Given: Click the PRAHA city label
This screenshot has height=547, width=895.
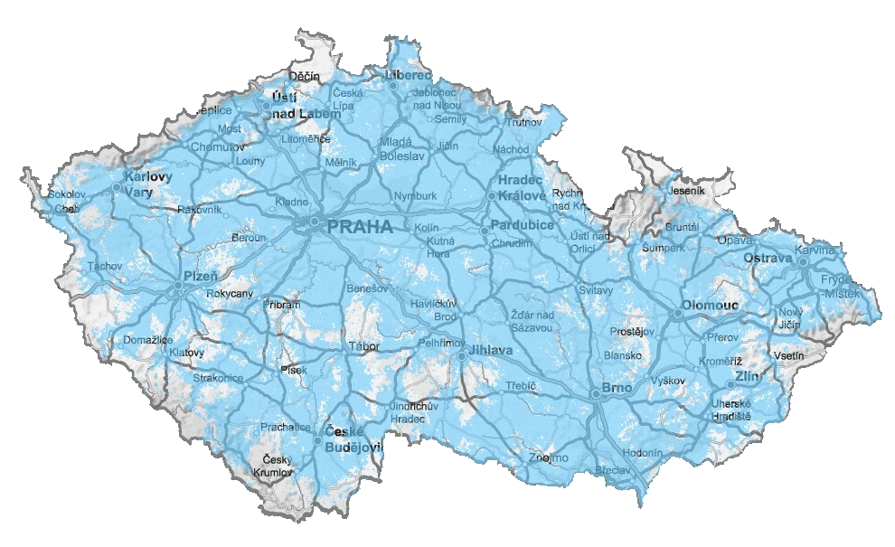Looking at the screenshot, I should (x=360, y=227).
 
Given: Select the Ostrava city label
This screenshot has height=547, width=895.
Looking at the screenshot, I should (x=768, y=259).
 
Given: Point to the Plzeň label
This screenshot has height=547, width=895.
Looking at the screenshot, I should (x=201, y=275).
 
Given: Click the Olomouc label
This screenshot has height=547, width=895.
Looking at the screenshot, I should (x=711, y=306).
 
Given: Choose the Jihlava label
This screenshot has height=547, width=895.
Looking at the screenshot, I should (x=491, y=350).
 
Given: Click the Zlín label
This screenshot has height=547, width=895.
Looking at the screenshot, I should (x=747, y=375).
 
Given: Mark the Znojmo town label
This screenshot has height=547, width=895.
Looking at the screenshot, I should (x=550, y=457).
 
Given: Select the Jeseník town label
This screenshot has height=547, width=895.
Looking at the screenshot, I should (x=686, y=191).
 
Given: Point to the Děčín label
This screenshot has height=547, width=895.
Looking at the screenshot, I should (x=304, y=76).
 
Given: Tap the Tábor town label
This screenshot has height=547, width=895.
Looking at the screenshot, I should (x=363, y=346).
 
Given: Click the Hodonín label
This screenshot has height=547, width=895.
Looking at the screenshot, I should (x=643, y=452).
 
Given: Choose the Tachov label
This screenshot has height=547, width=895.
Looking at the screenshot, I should (x=104, y=267).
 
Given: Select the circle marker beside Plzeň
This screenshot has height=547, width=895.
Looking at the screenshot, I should (x=179, y=286).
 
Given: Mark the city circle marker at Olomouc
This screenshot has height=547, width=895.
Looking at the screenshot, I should (x=678, y=314).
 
